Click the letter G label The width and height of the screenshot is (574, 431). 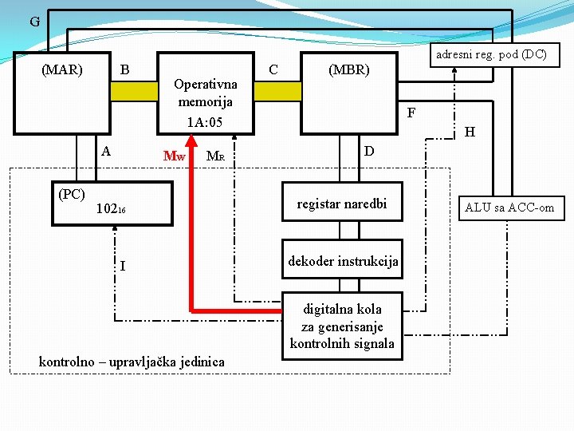tap(34, 22)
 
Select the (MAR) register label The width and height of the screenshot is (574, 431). tap(62, 69)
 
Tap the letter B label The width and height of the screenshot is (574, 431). tap(124, 69)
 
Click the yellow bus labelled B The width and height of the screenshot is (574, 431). tap(133, 91)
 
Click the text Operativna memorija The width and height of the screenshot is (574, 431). tap(205, 93)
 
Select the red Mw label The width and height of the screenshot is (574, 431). tap(174, 156)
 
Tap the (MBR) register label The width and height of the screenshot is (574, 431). tap(349, 69)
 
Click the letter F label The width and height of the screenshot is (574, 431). tap(411, 113)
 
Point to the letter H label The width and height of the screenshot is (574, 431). tap(470, 132)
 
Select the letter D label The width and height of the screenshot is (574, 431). tap(368, 151)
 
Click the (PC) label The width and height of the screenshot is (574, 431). tap(72, 194)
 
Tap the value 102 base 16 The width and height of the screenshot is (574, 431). tap(110, 210)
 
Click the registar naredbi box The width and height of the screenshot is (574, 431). tap(341, 204)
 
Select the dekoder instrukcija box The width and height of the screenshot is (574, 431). tap(343, 261)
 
